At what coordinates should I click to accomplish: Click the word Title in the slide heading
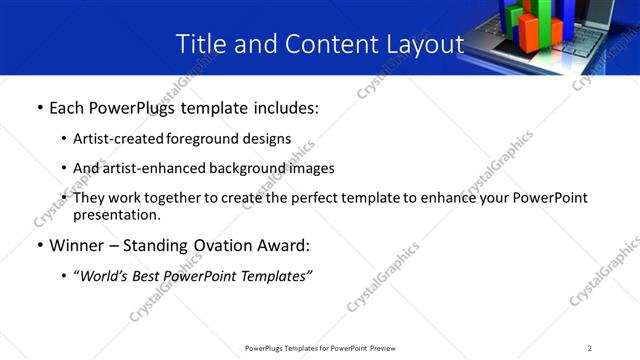(x=200, y=44)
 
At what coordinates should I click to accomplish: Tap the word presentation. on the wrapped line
(x=116, y=214)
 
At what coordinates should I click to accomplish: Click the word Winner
(x=79, y=245)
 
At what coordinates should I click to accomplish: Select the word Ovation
(x=234, y=245)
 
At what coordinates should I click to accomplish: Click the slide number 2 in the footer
(x=590, y=348)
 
